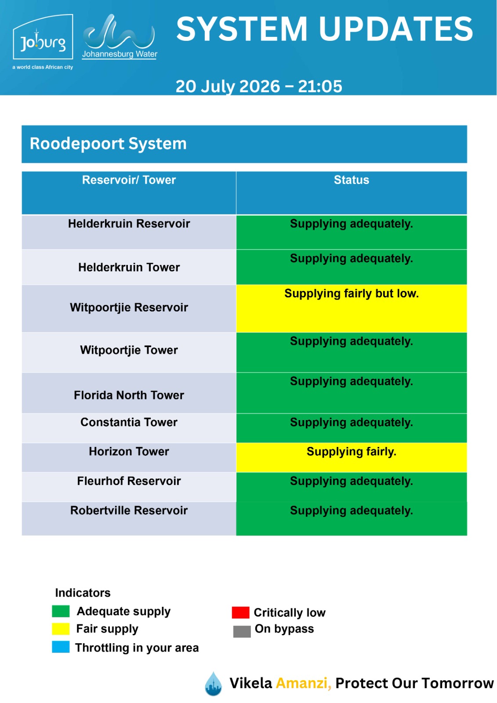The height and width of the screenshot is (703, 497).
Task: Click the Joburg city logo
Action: [43, 41]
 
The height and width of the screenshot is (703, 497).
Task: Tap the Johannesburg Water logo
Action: [119, 37]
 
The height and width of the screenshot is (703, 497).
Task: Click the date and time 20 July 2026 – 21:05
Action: [259, 86]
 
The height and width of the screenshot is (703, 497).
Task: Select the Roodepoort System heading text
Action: [108, 144]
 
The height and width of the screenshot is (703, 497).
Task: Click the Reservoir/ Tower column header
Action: [129, 180]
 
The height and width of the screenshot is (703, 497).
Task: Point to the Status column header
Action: [351, 180]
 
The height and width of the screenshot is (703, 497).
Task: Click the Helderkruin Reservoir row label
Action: [129, 224]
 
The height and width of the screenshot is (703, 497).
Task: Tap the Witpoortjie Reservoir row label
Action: [129, 308]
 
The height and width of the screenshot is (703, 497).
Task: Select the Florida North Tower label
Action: [129, 395]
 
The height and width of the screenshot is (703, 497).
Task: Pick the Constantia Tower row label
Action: [129, 422]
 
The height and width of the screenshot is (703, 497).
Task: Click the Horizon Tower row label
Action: [129, 451]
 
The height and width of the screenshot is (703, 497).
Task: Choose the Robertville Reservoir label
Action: [129, 510]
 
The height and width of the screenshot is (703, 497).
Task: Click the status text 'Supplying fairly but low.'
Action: [351, 294]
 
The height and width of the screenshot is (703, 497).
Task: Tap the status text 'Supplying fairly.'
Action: [351, 452]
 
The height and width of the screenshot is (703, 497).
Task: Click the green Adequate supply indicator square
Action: [61, 611]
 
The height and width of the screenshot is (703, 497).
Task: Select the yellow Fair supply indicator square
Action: [61, 629]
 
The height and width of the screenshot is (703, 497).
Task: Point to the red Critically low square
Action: [240, 612]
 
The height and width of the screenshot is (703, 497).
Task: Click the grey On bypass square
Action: [242, 631]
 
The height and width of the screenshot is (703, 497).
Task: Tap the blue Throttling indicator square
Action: [61, 647]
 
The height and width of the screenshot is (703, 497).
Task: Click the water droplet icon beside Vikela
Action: [213, 684]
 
